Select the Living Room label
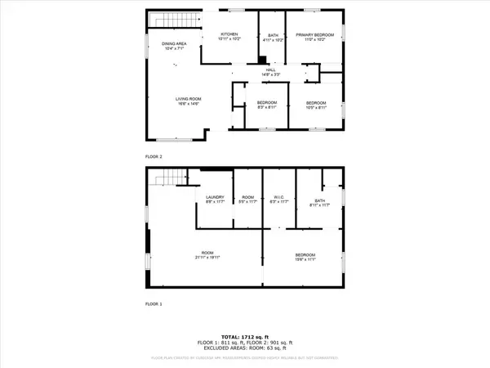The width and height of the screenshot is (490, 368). [x=189, y=101]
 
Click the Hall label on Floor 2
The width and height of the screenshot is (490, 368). [x=270, y=72]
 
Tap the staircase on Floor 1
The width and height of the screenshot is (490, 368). [x=167, y=176]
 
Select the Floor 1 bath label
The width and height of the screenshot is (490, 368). [x=320, y=204]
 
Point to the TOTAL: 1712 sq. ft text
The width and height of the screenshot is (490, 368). [x=245, y=335]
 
